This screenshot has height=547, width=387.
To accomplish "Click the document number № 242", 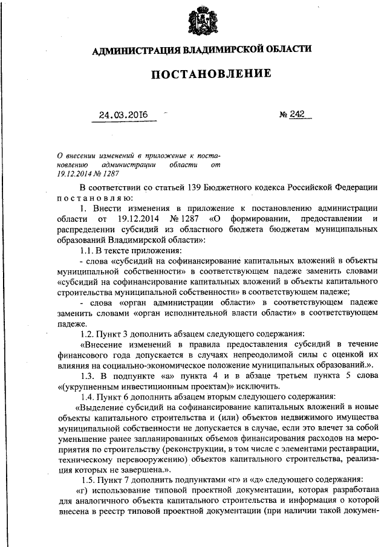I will (291, 114).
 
